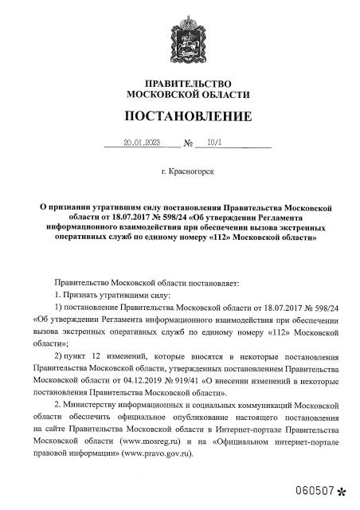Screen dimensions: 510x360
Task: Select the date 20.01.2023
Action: [x=142, y=144]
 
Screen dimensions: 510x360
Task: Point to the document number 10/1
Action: [x=213, y=144]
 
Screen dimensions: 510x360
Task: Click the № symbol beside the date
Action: [x=189, y=145]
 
